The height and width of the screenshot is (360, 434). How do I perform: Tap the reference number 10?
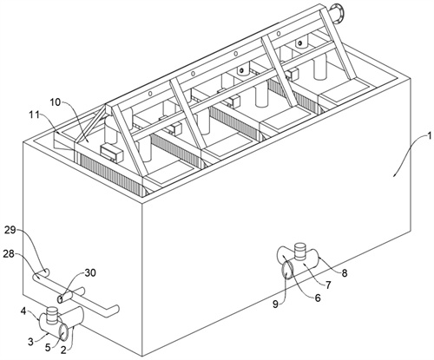pos(56,102)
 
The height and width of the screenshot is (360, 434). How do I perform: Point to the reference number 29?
pos(11,232)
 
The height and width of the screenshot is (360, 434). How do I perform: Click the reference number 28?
pos(10,254)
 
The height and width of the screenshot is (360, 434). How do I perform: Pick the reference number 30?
pos(90,273)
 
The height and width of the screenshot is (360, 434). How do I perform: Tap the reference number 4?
pos(23,311)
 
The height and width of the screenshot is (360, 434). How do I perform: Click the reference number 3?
pos(31,342)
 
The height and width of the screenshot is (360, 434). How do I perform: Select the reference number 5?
pos(49,347)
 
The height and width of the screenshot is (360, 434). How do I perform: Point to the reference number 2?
pos(65,350)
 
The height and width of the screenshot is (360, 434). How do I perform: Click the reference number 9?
pos(276,304)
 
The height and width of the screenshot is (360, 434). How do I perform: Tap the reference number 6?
pos(318,298)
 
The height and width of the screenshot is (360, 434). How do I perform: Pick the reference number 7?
pos(328,285)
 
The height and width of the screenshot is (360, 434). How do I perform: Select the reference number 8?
pos(345,273)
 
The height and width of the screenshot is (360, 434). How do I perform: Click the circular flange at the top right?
pos(337,12)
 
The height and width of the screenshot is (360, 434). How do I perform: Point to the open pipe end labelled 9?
pos(286,269)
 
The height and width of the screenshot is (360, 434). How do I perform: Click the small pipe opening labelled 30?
pos(60,299)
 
